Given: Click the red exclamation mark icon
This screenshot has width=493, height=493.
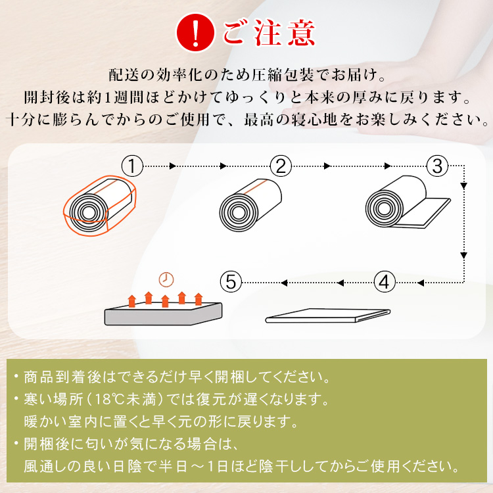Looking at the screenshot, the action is [x=195, y=33].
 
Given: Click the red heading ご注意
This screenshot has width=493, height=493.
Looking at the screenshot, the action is [x=269, y=33].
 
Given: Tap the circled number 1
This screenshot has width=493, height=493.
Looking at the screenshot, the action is [x=132, y=166].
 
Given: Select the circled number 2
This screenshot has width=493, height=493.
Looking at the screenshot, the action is [x=281, y=166].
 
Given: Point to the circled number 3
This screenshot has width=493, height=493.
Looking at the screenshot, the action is [x=437, y=166].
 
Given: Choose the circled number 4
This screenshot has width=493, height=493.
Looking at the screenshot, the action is [x=385, y=282].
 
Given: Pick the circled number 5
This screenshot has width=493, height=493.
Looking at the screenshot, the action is [x=231, y=282].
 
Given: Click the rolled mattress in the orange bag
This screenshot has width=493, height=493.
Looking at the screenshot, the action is [x=99, y=205].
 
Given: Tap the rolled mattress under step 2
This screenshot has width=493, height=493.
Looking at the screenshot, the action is [x=250, y=205].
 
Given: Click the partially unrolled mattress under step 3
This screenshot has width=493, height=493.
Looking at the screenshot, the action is [x=408, y=202].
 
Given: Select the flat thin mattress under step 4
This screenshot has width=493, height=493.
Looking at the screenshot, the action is [x=328, y=316].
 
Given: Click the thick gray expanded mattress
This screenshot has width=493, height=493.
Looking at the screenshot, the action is [x=163, y=314].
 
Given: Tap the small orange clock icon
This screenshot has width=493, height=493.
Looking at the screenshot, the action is [x=166, y=279].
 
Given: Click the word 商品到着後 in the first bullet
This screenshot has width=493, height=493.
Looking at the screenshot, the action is [x=62, y=377].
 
